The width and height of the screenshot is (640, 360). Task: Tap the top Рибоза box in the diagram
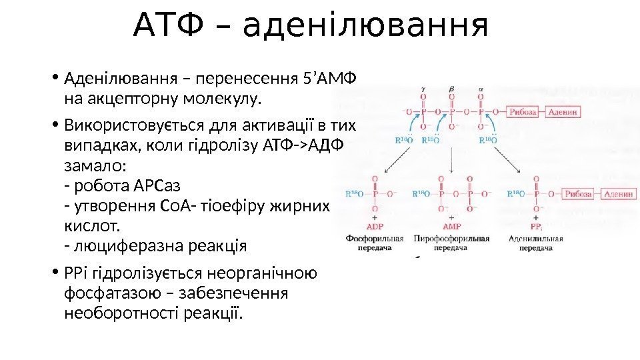pyautogui.click(x=523, y=112)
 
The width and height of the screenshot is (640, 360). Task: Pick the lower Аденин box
pyautogui.click(x=618, y=193)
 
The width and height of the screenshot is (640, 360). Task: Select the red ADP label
pyautogui.click(x=375, y=227)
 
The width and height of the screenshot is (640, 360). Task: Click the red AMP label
pyautogui.click(x=452, y=227)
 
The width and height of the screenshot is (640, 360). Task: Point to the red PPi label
pyautogui.click(x=537, y=227)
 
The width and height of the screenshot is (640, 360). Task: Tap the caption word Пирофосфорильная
pyautogui.click(x=452, y=238)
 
